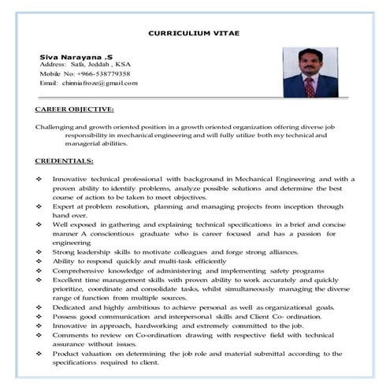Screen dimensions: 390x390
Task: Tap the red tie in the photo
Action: [310, 84]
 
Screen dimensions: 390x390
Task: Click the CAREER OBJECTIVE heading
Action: [75, 109]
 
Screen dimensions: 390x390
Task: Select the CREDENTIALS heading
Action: [65, 162]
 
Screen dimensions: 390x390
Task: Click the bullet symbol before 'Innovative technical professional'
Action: [39, 180]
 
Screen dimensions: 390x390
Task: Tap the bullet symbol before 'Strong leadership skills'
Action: [39, 251]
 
